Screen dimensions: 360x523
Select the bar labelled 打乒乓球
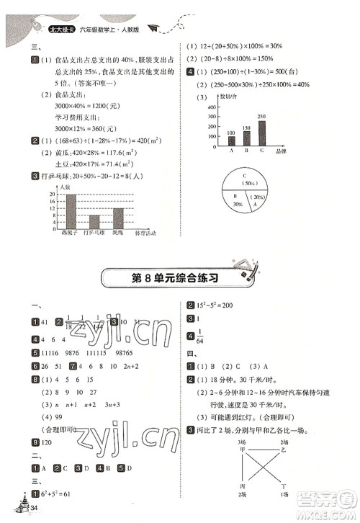(x=94, y=221)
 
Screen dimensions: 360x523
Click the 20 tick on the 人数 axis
(x=53, y=195)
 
